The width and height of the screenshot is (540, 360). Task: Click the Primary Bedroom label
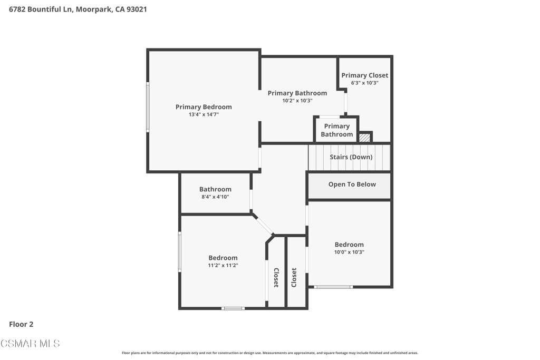click(204, 107)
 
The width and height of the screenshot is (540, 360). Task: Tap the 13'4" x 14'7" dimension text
click(204, 114)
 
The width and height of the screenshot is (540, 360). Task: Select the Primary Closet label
click(365, 75)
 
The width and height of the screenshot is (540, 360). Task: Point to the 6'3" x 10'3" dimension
click(365, 83)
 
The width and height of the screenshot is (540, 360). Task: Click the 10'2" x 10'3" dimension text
click(297, 101)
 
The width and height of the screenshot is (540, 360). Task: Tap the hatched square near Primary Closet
click(365, 138)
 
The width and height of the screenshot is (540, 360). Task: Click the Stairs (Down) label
click(351, 157)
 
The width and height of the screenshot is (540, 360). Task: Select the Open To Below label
click(352, 184)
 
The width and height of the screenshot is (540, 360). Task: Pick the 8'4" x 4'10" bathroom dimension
click(215, 197)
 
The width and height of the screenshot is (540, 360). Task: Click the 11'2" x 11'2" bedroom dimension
click(223, 265)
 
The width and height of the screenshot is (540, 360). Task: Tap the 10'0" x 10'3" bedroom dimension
click(349, 252)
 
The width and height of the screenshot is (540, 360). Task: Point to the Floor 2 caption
click(21, 324)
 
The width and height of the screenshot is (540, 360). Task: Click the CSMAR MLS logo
click(30, 344)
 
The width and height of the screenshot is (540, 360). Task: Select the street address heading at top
click(78, 9)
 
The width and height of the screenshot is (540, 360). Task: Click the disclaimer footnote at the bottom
click(269, 353)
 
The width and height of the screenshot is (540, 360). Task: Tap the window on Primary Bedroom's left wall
click(148, 107)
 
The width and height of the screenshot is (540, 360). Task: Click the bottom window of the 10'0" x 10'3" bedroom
click(333, 287)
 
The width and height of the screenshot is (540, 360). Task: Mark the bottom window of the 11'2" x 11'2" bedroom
click(233, 308)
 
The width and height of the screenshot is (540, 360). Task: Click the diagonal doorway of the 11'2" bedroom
click(264, 225)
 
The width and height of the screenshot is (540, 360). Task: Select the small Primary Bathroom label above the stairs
click(337, 130)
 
